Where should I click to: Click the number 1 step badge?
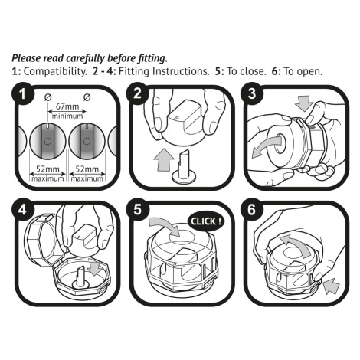(23, 94)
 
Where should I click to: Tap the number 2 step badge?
(137, 93)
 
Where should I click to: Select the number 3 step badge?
(252, 93)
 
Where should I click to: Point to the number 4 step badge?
(23, 210)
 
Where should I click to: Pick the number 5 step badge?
(137, 210)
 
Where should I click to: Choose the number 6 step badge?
(252, 210)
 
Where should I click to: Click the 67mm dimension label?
(67, 106)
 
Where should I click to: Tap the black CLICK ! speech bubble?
(206, 221)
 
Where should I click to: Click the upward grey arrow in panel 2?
(164, 160)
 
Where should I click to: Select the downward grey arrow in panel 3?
(303, 103)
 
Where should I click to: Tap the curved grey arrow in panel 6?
(297, 244)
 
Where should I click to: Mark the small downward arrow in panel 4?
(94, 269)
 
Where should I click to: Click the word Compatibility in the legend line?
(55, 71)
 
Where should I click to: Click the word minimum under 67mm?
(67, 116)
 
